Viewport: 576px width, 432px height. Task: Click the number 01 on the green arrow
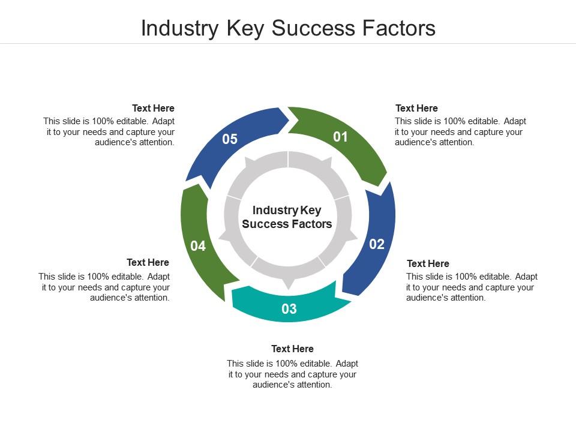(x=341, y=137)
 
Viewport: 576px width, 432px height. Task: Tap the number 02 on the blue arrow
(x=376, y=244)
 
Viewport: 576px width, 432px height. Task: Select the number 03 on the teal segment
(x=289, y=309)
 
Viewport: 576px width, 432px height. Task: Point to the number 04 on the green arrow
(x=198, y=246)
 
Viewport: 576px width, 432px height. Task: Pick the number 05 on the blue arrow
(x=230, y=139)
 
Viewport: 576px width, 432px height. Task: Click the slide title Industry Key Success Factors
(x=288, y=28)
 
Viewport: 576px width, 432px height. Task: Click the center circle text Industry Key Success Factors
(x=287, y=217)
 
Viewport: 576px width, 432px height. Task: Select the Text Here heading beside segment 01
(x=416, y=108)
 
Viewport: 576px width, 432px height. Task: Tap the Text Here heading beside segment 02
(x=428, y=263)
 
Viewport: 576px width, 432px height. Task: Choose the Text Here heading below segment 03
(x=292, y=349)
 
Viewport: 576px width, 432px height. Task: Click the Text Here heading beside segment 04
(x=148, y=262)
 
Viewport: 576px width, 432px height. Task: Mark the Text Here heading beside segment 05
(x=153, y=108)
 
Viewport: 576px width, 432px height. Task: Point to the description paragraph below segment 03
(x=292, y=374)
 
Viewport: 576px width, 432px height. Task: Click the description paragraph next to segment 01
(x=460, y=132)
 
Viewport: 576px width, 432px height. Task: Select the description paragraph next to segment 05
(x=109, y=132)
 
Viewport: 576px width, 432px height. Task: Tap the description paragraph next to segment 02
(x=472, y=287)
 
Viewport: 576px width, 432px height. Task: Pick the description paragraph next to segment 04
(x=104, y=287)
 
